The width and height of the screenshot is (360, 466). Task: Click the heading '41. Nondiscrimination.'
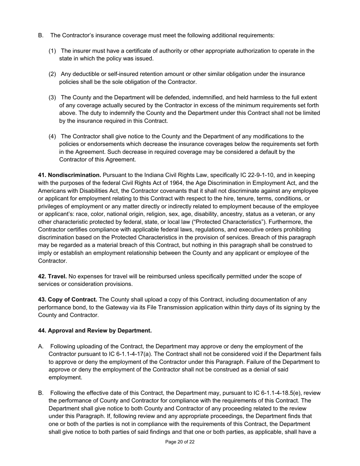pyautogui.click(x=69, y=175)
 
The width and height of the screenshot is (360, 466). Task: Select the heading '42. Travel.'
pyautogui.click(x=52, y=276)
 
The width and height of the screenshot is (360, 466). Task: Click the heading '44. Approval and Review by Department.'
pyautogui.click(x=95, y=330)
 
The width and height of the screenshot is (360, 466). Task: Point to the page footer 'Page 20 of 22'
pyautogui.click(x=180, y=442)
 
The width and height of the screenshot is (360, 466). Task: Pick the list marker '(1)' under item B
pyautogui.click(x=52, y=51)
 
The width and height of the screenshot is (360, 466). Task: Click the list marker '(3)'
pyautogui.click(x=52, y=97)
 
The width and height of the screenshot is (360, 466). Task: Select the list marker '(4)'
pyautogui.click(x=52, y=136)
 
